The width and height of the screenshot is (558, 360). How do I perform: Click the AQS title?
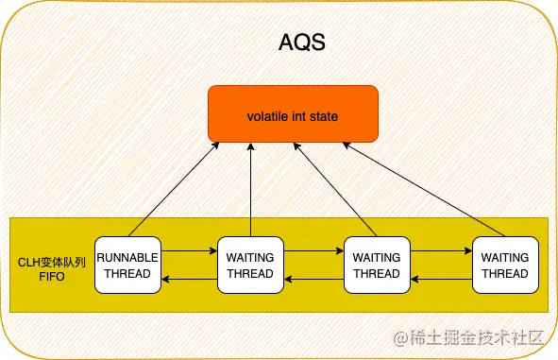pyautogui.click(x=302, y=43)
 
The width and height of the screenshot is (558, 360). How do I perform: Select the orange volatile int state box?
pyautogui.click(x=293, y=113)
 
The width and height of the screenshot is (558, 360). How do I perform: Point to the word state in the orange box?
pyautogui.click(x=324, y=117)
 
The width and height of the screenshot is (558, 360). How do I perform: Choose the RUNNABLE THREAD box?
pyautogui.click(x=127, y=265)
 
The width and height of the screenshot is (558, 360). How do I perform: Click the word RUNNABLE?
pyautogui.click(x=127, y=257)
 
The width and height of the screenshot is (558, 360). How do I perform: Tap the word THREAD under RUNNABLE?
pyautogui.click(x=127, y=273)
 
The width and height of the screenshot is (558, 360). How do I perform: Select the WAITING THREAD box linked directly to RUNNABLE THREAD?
pyautogui.click(x=250, y=265)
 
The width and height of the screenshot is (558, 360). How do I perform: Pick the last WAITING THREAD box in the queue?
pyautogui.click(x=505, y=265)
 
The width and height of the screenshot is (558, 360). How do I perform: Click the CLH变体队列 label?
pyautogui.click(x=52, y=263)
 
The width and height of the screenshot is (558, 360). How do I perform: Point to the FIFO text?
pyautogui.click(x=52, y=277)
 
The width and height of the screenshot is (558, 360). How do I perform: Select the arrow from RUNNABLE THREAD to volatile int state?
pyautogui.click(x=174, y=189)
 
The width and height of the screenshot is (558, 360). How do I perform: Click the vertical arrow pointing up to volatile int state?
pyautogui.click(x=251, y=189)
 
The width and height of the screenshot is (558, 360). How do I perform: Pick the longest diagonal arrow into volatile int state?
pyautogui.click(x=424, y=189)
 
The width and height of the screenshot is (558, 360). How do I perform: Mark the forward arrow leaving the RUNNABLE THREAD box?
pyautogui.click(x=190, y=250)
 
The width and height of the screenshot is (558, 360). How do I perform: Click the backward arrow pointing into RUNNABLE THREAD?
pyautogui.click(x=190, y=279)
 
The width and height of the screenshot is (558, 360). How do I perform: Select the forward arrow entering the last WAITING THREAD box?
pyautogui.click(x=441, y=250)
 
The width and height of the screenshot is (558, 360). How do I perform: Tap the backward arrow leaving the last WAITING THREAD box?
pyautogui.click(x=441, y=279)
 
